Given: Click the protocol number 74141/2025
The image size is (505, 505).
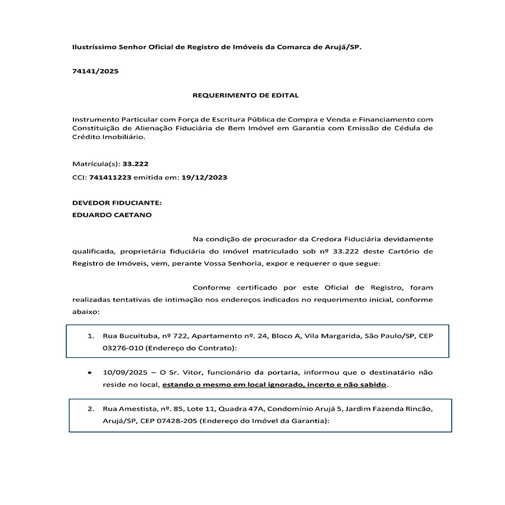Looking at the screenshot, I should coord(95,71).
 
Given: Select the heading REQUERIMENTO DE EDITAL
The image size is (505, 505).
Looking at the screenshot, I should coord(246,95).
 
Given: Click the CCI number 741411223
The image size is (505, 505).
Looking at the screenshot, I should coord(110,177).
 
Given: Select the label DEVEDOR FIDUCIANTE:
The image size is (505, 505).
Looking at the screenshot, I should coord(117,203).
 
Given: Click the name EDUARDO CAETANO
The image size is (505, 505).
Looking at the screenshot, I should coord(112,215).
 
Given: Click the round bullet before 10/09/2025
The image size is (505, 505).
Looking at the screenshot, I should coord(89,373).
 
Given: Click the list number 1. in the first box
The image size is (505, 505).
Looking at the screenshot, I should coord(90,336).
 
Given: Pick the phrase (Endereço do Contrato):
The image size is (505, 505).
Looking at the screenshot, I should coord(191,348).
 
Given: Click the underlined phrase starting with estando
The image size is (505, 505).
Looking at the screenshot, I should coord(275,385).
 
